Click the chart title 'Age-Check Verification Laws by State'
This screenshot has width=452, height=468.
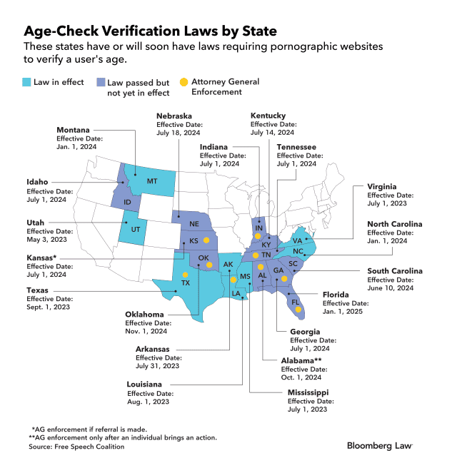(150, 31)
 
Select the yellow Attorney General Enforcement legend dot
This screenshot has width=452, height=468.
(184, 82)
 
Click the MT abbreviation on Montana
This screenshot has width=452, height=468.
(151, 181)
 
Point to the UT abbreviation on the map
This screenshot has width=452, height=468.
(135, 229)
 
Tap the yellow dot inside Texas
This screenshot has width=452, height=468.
(186, 275)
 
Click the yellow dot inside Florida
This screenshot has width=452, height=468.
(298, 309)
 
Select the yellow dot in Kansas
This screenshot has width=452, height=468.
(206, 240)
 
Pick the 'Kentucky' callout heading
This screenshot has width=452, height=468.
(268, 116)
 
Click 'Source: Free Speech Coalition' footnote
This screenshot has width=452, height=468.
(76, 447)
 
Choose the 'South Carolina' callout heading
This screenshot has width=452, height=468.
(395, 271)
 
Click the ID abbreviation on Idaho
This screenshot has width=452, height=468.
(127, 202)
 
